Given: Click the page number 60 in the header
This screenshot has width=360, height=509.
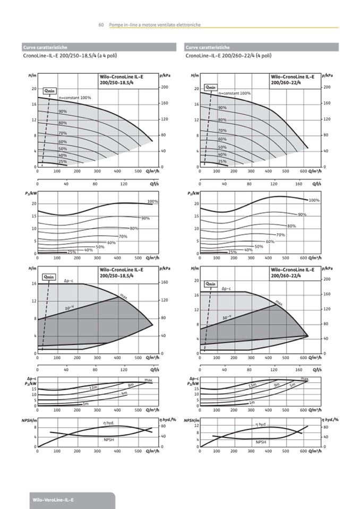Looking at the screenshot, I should coord(100,25).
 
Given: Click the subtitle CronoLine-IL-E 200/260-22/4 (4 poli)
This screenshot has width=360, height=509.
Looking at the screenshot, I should coord(229,55).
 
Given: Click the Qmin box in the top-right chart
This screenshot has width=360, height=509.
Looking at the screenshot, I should coord(211,87).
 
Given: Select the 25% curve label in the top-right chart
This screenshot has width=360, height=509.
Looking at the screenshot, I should coord(222,161).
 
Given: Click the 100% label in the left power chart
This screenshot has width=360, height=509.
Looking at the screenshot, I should coord(153,201).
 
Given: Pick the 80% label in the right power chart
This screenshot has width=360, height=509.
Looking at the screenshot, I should coord(292,226).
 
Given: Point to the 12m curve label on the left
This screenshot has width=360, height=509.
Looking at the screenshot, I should coord(93,389).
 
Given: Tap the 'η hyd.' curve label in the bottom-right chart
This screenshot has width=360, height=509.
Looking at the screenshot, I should coord(261,424).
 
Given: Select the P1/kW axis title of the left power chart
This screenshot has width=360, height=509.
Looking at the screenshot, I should coord(30,193).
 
